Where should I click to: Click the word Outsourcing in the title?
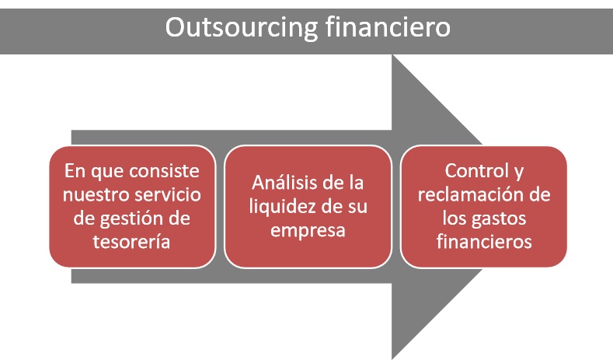pyautogui.click(x=241, y=28)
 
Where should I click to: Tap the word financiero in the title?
pyautogui.click(x=388, y=26)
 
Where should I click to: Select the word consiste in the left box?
pyautogui.click(x=164, y=171)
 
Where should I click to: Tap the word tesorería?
pyautogui.click(x=132, y=242)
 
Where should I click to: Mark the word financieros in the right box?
pyautogui.click(x=484, y=242)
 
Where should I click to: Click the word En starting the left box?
pyautogui.click(x=75, y=171)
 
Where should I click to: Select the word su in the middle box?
pyautogui.click(x=357, y=208)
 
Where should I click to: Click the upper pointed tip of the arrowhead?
pyautogui.click(x=392, y=54)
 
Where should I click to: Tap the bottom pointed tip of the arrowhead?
pyautogui.click(x=392, y=358)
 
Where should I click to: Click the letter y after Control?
pyautogui.click(x=518, y=173)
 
